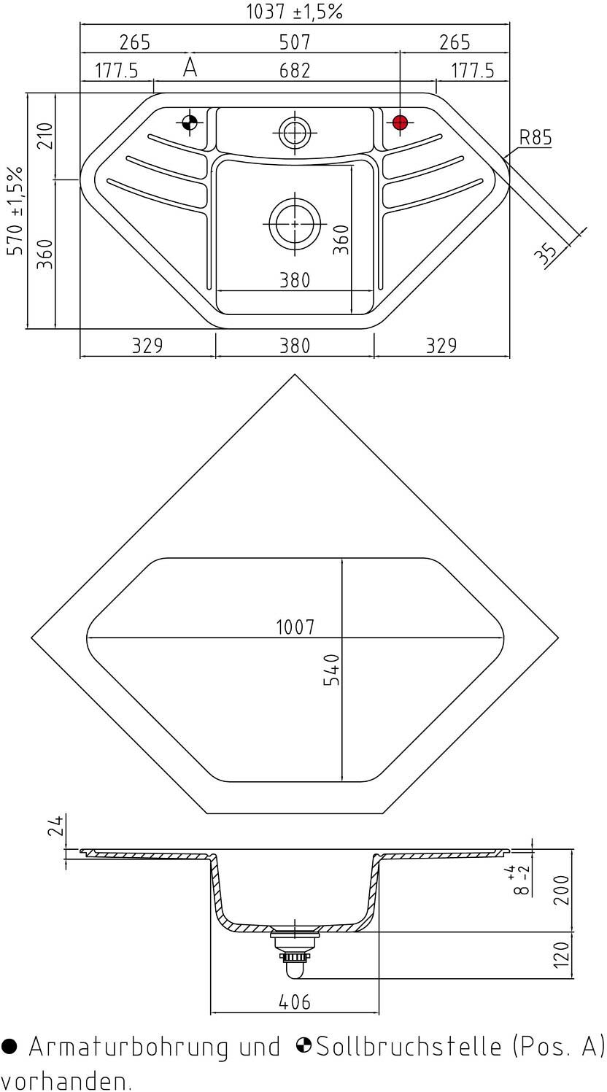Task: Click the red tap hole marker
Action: (400, 123)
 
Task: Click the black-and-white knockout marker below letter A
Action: (189, 123)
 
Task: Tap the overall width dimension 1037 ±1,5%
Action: (295, 12)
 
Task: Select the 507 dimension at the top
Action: (295, 42)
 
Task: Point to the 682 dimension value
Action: (295, 71)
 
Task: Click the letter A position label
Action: (190, 67)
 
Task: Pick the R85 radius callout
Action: (536, 137)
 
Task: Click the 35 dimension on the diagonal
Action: (546, 254)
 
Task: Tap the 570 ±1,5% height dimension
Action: (15, 211)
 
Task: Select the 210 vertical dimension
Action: (45, 136)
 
